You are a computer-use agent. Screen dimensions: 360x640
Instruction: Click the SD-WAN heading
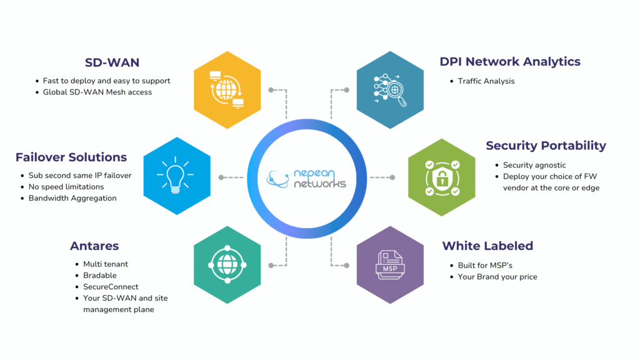pos(112,62)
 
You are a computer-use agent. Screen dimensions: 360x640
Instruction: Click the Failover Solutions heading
pos(71,157)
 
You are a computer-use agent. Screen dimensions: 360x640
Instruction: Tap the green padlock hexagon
pos(442,176)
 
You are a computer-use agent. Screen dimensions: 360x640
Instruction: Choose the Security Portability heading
pos(546,146)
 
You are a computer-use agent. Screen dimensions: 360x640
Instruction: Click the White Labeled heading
pos(487,246)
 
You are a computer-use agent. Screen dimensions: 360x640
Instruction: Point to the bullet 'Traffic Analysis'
pos(486,81)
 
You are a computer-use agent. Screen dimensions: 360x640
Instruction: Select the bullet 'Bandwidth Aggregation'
pos(72,198)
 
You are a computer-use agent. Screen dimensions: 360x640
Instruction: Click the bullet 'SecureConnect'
pos(111,287)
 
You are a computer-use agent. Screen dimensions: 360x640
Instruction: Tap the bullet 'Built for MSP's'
pos(485,266)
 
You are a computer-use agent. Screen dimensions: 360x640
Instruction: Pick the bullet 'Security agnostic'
pos(534,165)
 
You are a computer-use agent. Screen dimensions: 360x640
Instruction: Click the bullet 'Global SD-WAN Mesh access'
pos(97,92)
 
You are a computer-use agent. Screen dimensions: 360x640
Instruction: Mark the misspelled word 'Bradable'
pos(100,276)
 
